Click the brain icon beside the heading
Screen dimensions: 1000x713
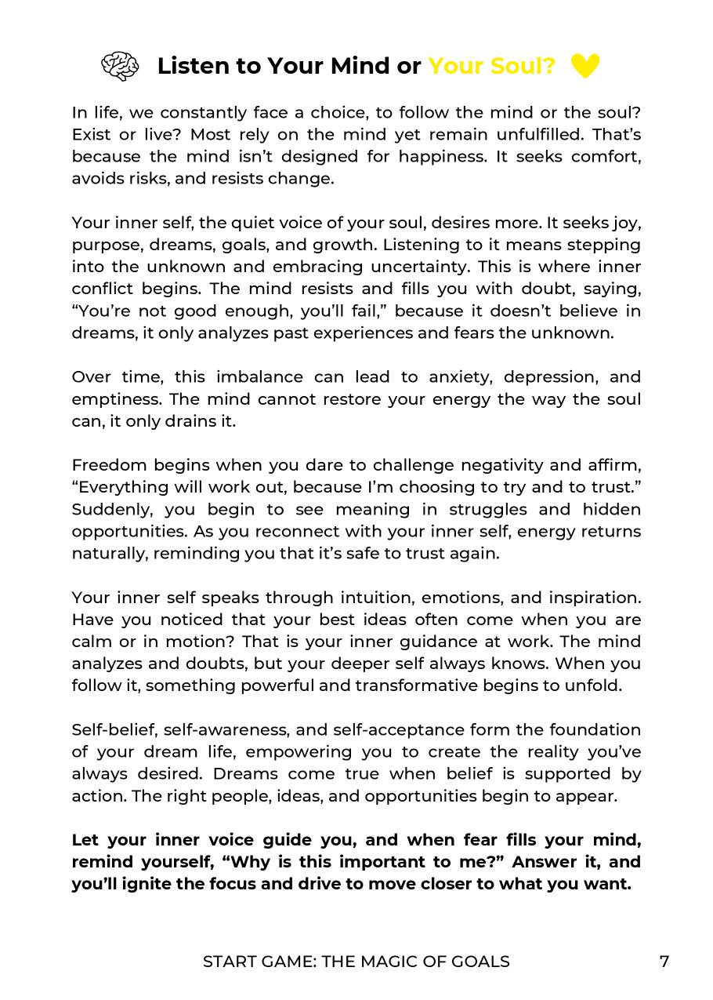(120, 66)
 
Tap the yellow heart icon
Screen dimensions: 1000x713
(585, 66)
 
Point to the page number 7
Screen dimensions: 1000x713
(664, 962)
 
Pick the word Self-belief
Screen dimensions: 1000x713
(112, 729)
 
